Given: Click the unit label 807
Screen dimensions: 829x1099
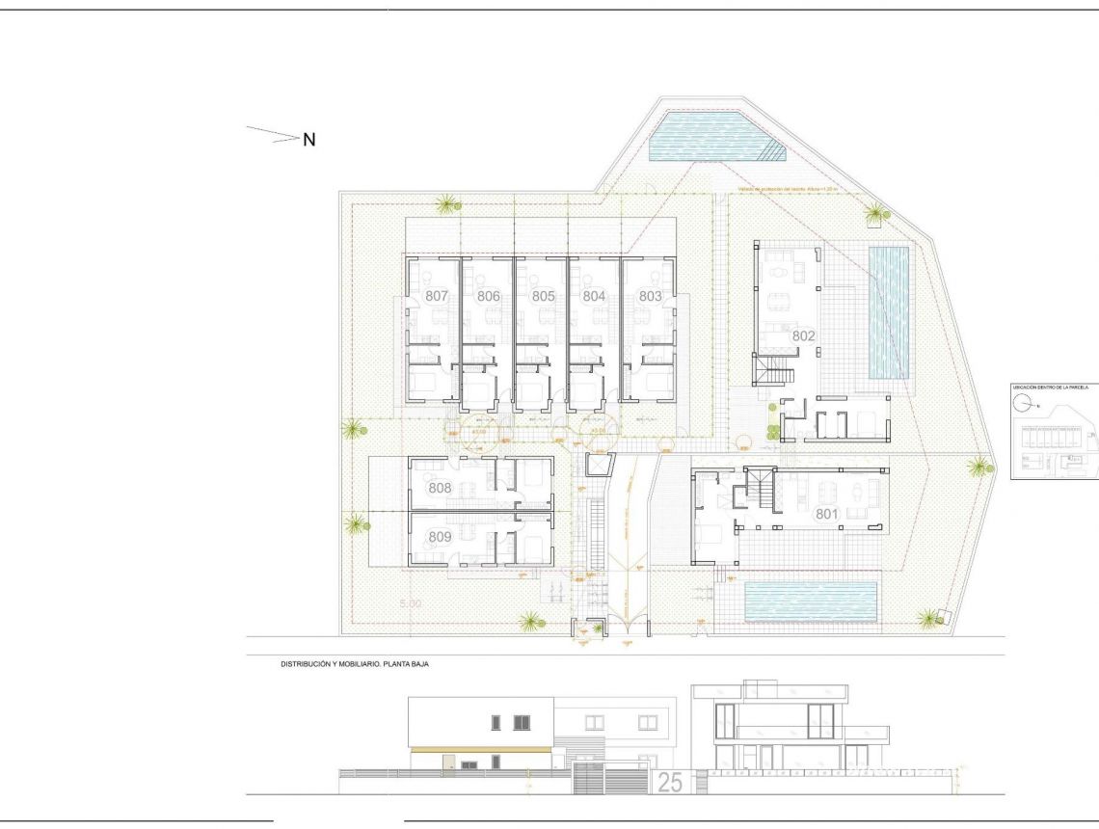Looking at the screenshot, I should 437,296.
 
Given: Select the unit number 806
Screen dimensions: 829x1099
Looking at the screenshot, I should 488,296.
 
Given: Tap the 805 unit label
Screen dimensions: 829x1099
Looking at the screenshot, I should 543,296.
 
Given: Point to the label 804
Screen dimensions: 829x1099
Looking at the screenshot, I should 594,296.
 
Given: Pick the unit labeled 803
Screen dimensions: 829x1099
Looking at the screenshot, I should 650,296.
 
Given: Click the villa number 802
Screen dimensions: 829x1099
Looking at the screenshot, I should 804,336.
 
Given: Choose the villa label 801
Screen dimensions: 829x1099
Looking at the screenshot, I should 826,515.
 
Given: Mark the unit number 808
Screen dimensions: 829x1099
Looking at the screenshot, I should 440,488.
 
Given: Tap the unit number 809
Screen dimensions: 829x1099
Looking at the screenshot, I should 440,537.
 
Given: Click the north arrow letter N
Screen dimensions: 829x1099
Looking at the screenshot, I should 309,140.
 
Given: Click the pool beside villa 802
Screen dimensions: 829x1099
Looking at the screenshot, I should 889,312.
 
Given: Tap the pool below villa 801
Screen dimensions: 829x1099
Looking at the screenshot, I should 811,602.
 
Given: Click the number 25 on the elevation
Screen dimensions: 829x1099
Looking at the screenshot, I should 669,783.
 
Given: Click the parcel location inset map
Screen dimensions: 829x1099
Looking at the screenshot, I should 1054,431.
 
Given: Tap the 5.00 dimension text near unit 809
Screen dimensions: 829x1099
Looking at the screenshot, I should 413,603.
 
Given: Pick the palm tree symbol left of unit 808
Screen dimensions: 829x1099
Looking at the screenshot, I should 356,525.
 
